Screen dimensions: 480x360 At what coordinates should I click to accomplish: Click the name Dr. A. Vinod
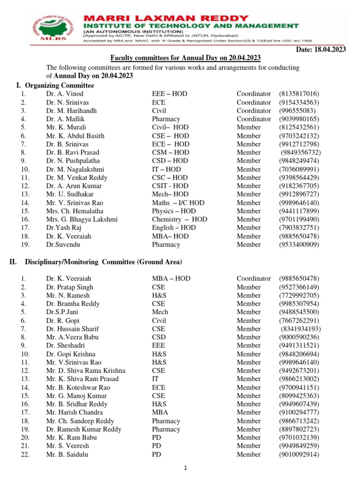pyautogui.click(x=64, y=94)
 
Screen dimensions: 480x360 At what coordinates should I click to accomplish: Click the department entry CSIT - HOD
pyautogui.click(x=170, y=186)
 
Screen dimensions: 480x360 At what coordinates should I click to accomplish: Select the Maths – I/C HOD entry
pyautogui.click(x=178, y=203)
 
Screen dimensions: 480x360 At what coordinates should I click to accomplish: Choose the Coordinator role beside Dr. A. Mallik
pyautogui.click(x=254, y=119)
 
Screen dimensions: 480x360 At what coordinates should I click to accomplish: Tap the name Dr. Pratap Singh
pyautogui.click(x=69, y=287)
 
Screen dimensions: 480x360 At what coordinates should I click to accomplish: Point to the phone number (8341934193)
pyautogui.click(x=300, y=329)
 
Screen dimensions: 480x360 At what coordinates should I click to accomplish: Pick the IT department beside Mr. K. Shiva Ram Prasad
pyautogui.click(x=155, y=379)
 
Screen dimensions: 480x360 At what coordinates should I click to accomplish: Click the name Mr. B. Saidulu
pyautogui.click(x=67, y=454)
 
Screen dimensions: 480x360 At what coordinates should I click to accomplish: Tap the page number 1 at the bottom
pyautogui.click(x=186, y=468)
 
